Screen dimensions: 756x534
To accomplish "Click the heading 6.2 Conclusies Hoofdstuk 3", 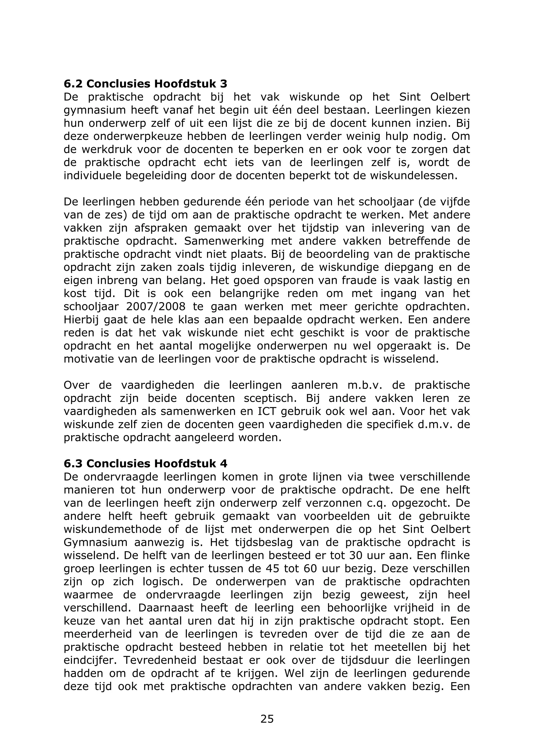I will pyautogui.click(x=145, y=84).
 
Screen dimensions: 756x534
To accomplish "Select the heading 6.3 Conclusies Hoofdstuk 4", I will pyautogui.click(x=145, y=464).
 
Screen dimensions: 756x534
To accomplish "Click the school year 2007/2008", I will pyautogui.click(x=155, y=306).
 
